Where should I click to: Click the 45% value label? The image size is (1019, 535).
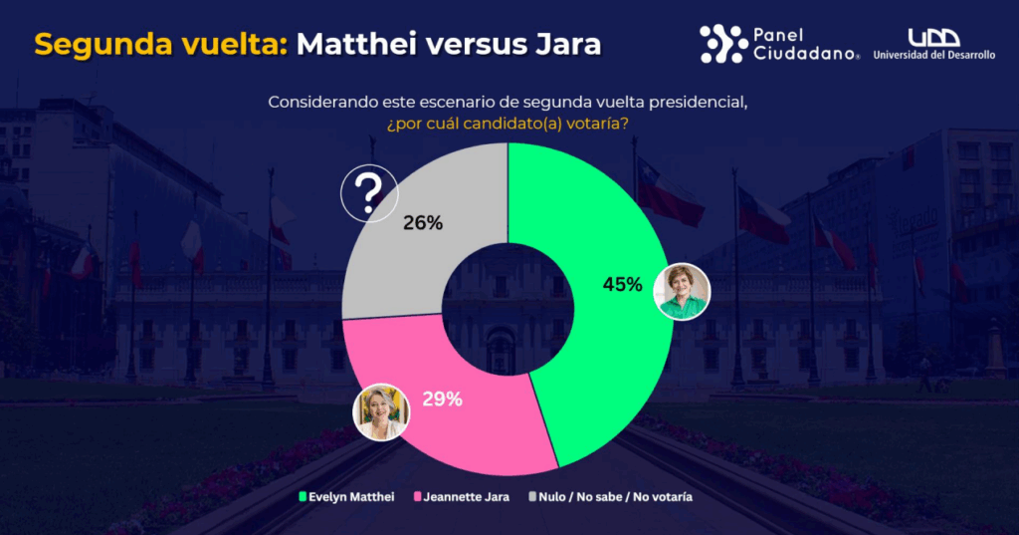pos(622,285)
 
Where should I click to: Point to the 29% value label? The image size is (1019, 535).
pos(443,400)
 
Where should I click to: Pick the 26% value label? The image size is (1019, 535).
pos(423,223)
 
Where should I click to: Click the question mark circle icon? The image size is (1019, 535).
pos(369,192)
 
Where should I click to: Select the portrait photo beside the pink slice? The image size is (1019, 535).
pos(382,410)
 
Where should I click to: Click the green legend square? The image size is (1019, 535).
pos(303,496)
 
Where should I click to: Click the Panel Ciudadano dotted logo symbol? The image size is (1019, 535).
pos(723,44)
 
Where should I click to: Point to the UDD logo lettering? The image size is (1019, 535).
pos(933,37)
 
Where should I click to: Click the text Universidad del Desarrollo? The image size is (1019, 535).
pos(933,56)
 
